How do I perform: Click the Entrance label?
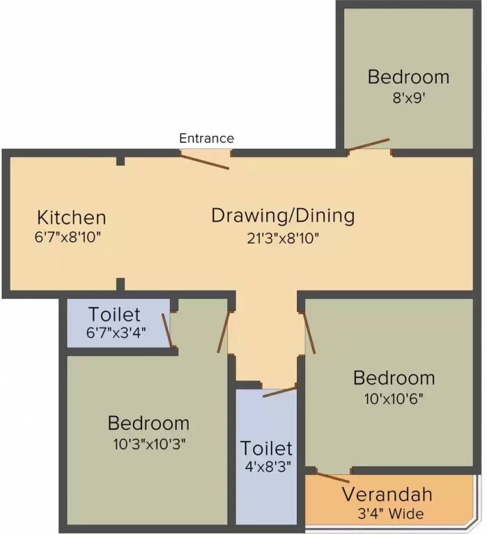pyautogui.click(x=206, y=138)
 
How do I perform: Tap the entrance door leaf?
pyautogui.click(x=204, y=162)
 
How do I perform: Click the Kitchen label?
pyautogui.click(x=71, y=217)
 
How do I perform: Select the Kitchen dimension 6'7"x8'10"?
pyautogui.click(x=68, y=237)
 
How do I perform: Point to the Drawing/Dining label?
pyautogui.click(x=283, y=217)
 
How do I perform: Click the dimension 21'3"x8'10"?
pyautogui.click(x=283, y=238)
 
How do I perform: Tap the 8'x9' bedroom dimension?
pyautogui.click(x=408, y=98)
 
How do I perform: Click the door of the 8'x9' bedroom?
pyautogui.click(x=368, y=144)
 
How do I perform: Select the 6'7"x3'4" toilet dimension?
pyautogui.click(x=116, y=332)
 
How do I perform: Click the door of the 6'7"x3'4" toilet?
pyautogui.click(x=167, y=330)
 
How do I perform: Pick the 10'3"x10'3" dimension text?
pyautogui.click(x=149, y=444)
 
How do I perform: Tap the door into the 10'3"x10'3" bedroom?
pyautogui.click(x=223, y=332)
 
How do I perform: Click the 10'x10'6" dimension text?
pyautogui.click(x=394, y=398)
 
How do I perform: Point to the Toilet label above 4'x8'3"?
pyautogui.click(x=266, y=448)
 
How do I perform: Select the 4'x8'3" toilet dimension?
pyautogui.click(x=268, y=467)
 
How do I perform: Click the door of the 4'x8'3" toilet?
pyautogui.click(x=279, y=392)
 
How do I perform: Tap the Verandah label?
pyautogui.click(x=387, y=495)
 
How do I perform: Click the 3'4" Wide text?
pyautogui.click(x=391, y=513)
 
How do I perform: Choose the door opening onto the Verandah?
pyautogui.click(x=333, y=477)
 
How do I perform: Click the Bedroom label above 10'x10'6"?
pyautogui.click(x=394, y=378)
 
